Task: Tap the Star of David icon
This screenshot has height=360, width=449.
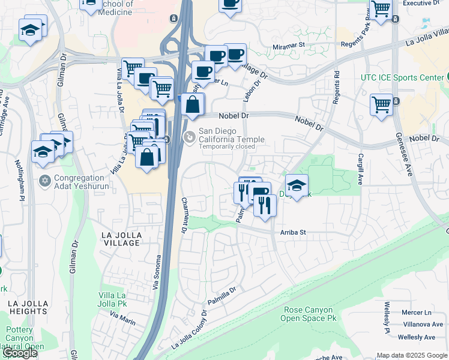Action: click(44, 181)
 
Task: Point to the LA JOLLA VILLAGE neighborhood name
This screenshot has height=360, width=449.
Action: click(121, 238)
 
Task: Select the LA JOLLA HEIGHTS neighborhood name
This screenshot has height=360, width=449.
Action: click(28, 308)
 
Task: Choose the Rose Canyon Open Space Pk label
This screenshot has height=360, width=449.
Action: click(308, 314)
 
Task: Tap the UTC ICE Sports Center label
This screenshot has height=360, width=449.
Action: click(400, 77)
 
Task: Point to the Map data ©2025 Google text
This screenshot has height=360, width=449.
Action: click(411, 355)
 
